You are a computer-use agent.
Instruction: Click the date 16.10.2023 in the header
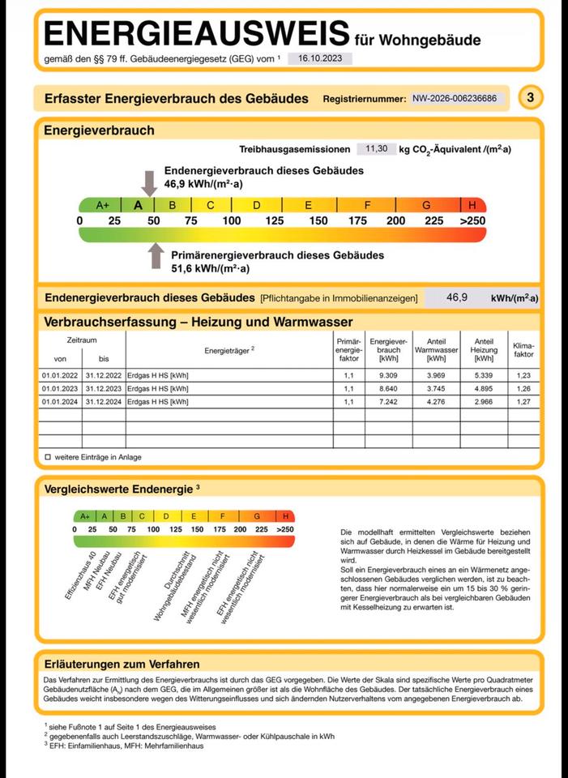coord(319,58)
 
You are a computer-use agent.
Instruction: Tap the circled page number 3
coord(530,98)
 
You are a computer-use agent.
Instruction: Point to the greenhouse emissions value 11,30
coord(377,149)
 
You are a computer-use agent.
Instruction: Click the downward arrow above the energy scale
coord(149,182)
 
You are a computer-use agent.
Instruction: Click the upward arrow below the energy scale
coord(156,255)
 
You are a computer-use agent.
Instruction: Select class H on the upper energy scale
coord(472,205)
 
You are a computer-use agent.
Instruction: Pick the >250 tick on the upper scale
coord(472,220)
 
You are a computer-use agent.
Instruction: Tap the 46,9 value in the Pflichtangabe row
coord(457,297)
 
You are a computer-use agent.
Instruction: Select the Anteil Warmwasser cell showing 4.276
coord(436,401)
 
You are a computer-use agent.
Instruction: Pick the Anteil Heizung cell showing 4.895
coord(484,388)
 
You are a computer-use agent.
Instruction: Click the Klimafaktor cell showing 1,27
coord(524,401)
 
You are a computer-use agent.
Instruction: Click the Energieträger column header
coord(229,349)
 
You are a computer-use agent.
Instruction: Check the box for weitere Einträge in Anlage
coord(48,457)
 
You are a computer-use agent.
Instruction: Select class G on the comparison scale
coord(256,516)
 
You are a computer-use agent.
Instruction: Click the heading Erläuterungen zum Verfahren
coord(122,665)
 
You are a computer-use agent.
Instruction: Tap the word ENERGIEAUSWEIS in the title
coord(196,34)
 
